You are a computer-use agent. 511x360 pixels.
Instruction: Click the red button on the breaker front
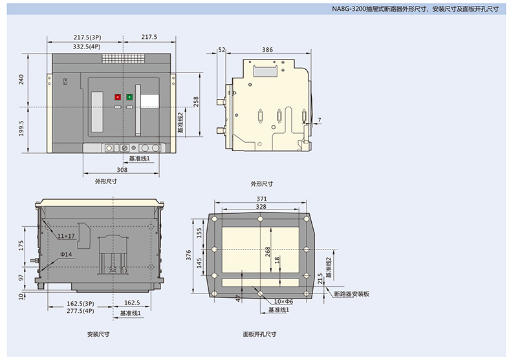coord(118,97)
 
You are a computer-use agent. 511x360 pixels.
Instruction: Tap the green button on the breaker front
coord(130,97)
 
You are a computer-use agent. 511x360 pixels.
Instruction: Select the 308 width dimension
coord(122,169)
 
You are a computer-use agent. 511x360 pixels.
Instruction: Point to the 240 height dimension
coord(21,79)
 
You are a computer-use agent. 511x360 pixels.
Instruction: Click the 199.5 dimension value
coord(21,128)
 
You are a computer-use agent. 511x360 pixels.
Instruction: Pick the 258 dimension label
coord(195,101)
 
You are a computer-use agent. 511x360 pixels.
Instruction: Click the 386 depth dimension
coord(267,50)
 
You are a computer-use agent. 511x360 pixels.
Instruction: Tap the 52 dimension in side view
coord(222,50)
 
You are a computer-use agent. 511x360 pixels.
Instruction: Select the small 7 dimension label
coord(320,120)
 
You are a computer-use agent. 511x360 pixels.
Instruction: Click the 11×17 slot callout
coord(66,236)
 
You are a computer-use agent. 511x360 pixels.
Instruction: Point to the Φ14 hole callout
coord(66,254)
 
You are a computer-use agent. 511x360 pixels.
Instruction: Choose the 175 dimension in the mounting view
coord(21,246)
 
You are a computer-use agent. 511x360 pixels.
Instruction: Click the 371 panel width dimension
coord(261,198)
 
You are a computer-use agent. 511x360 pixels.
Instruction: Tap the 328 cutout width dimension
coord(261,206)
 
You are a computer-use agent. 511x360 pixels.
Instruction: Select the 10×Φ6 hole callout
coord(283,301)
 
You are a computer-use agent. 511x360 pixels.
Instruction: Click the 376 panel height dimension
coord(188,255)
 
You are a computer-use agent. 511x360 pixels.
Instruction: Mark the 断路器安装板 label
coord(352,293)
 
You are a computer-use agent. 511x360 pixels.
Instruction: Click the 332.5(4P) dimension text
coord(87,47)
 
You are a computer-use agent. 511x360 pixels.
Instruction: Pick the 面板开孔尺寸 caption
coord(260,334)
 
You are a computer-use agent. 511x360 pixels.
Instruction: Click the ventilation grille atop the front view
coord(123,58)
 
